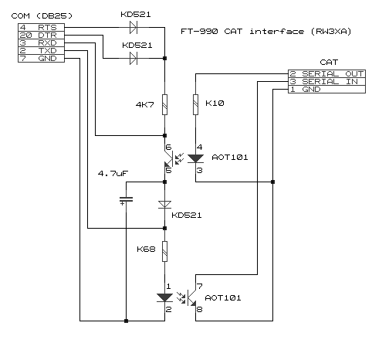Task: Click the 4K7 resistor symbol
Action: (x=164, y=104)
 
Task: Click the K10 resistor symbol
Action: (x=195, y=104)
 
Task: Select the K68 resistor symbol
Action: (x=164, y=251)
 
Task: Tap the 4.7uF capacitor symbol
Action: (x=126, y=199)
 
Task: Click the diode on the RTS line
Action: (x=134, y=27)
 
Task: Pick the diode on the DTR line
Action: (x=134, y=58)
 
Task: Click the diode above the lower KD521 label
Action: (x=164, y=205)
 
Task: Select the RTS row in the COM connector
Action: (x=41, y=27)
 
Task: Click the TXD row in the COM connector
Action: (x=41, y=50)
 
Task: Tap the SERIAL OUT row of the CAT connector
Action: (x=326, y=73)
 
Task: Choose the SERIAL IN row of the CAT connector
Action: (x=326, y=81)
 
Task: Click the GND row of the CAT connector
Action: (x=326, y=89)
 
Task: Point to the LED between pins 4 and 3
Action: (x=195, y=158)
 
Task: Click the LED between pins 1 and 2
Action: (x=164, y=297)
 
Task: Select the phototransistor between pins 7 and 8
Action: (x=191, y=297)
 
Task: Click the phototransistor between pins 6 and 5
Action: (x=169, y=159)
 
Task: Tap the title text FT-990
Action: (x=199, y=32)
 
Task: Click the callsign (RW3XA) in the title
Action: (x=331, y=32)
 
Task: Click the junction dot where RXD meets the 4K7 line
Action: (x=165, y=135)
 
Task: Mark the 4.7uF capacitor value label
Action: (x=113, y=173)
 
